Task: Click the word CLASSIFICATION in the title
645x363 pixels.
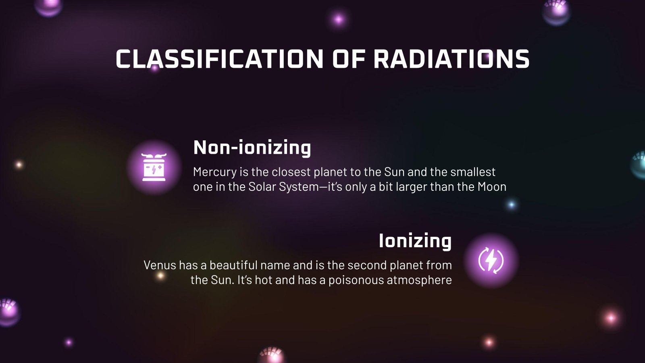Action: tap(219, 59)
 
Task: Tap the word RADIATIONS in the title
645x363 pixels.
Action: tap(451, 59)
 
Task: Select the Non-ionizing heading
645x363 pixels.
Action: tap(252, 147)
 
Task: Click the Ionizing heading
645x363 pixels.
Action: tap(415, 241)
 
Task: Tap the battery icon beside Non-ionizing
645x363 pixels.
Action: tap(154, 167)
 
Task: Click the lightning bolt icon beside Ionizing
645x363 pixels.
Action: tap(491, 260)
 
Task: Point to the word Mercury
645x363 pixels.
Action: tap(215, 172)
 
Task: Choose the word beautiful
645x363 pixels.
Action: tap(233, 265)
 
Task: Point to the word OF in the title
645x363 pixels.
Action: tap(348, 59)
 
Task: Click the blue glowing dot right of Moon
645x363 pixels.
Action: tap(512, 204)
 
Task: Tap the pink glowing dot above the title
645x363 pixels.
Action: tap(338, 19)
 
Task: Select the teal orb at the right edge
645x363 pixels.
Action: tap(639, 165)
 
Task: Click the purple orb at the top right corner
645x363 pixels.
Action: tap(556, 11)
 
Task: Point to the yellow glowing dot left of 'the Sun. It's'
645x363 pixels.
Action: tap(160, 276)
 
